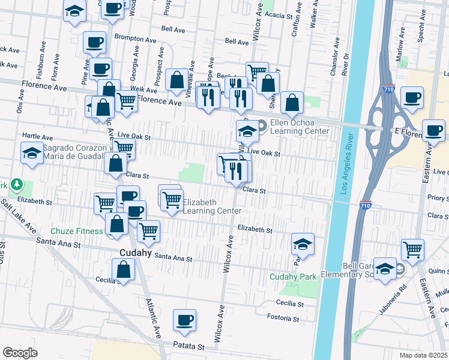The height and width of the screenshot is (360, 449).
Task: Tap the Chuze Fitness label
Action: [x=77, y=231]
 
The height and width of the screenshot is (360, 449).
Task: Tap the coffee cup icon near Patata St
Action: [x=184, y=320]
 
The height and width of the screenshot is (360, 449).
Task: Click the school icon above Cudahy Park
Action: [x=303, y=244]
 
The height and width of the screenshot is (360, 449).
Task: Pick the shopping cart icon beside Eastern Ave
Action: [x=412, y=249]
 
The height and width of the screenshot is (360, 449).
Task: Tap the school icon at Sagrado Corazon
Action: [x=32, y=152]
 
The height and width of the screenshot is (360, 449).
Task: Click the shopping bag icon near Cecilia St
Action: [x=123, y=269]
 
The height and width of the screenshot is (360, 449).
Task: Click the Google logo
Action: [x=20, y=353]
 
